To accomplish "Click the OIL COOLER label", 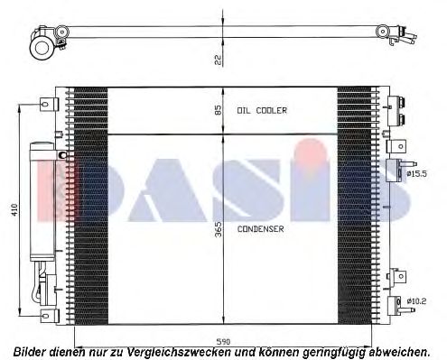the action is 262,111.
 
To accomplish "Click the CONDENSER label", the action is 261,229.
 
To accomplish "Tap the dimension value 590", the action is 223,342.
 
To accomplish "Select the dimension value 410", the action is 14,209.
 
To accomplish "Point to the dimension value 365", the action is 219,229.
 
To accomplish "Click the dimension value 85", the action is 219,110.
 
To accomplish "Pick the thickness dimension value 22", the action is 219,60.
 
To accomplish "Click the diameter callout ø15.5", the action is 416,173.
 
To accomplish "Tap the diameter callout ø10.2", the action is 416,300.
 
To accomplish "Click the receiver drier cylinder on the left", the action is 42,201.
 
